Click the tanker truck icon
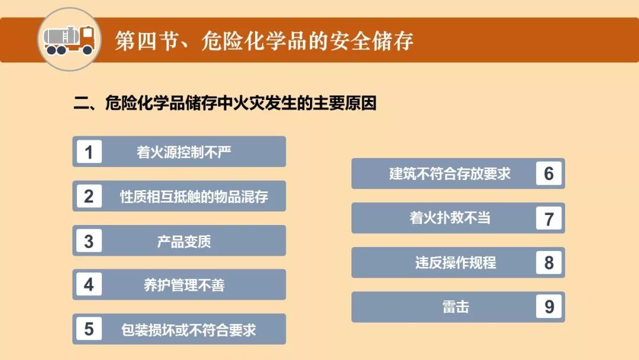[69, 40]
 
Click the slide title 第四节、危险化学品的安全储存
[264, 41]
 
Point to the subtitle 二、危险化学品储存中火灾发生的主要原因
[225, 103]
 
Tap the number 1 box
[89, 152]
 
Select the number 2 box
[89, 196]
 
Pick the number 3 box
[89, 240]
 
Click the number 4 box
[89, 285]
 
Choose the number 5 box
[89, 329]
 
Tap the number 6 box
[548, 173]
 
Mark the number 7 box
[548, 218]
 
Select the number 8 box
[548, 262]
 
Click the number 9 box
[548, 307]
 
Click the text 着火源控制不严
[184, 152]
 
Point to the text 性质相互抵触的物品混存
[194, 197]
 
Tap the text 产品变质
[184, 242]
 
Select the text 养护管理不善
[184, 285]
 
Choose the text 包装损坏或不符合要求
[189, 329]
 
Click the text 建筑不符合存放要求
[450, 173]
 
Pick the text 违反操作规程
[456, 262]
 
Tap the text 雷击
[456, 307]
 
